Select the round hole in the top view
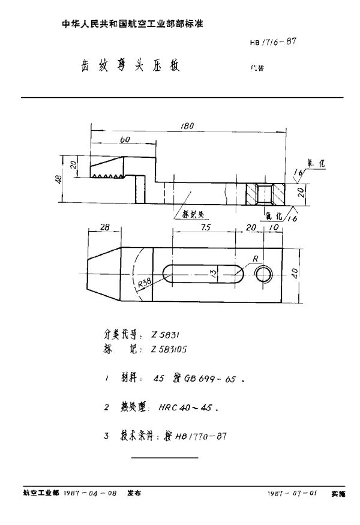262,274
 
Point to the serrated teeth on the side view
106,176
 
